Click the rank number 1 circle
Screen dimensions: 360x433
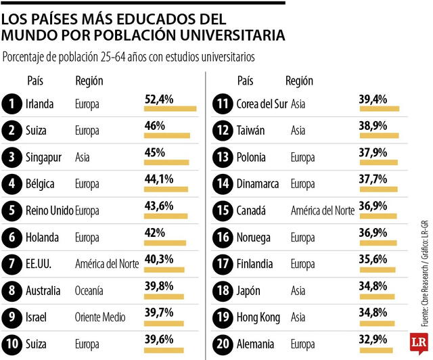[12, 104]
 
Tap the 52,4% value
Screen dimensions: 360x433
[159, 99]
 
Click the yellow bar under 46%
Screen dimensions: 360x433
[167, 135]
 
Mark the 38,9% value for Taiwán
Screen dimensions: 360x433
[373, 126]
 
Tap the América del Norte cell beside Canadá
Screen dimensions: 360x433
[322, 210]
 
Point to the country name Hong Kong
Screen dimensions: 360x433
[260, 315]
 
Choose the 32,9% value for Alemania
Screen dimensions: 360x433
[373, 337]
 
